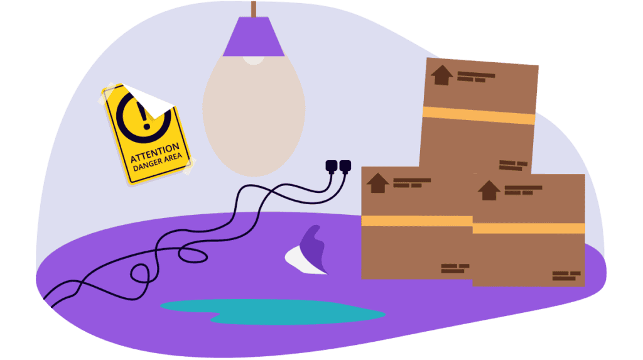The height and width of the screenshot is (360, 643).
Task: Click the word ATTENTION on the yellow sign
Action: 154,153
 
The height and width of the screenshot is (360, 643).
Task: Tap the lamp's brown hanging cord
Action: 253,8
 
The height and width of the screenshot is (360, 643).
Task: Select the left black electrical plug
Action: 331,166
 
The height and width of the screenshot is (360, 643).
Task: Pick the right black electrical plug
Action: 344,166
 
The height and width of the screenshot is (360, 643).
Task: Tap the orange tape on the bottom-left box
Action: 416,221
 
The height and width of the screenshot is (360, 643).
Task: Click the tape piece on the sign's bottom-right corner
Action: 188,166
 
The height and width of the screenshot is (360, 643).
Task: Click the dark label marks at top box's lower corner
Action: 514,165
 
